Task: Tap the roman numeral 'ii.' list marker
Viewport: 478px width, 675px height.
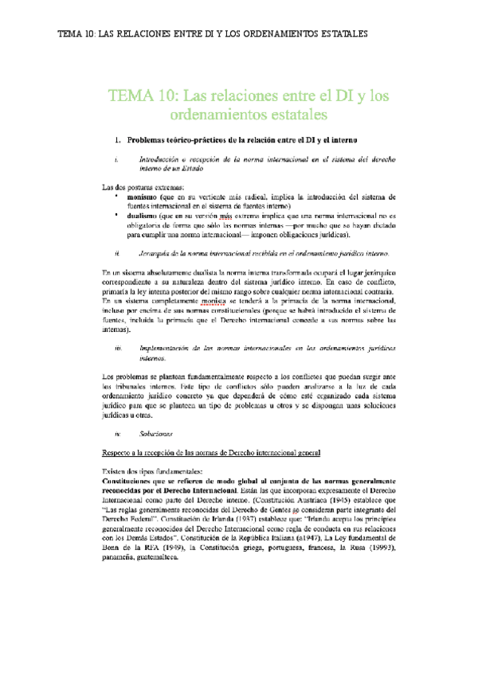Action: (x=118, y=253)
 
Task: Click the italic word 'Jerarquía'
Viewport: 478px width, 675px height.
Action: (x=158, y=253)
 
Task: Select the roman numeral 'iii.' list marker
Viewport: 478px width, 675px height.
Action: (x=118, y=349)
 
